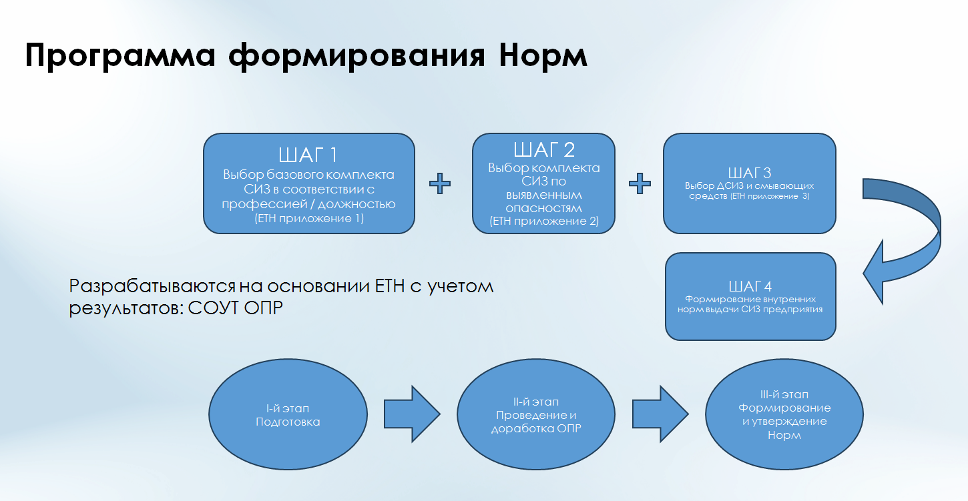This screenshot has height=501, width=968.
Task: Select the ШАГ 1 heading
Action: (308, 156)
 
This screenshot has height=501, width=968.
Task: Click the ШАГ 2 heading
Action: (544, 149)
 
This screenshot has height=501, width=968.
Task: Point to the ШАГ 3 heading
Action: (749, 172)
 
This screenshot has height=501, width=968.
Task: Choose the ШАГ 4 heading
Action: (750, 286)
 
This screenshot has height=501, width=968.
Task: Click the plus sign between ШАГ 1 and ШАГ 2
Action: (439, 183)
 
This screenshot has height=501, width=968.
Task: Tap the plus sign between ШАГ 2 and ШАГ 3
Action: (640, 183)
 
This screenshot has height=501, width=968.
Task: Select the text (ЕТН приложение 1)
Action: (308, 219)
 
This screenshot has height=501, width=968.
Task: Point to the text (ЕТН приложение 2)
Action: (544, 221)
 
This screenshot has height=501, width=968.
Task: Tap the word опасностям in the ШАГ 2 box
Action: (544, 208)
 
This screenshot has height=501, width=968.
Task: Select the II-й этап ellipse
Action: (536, 415)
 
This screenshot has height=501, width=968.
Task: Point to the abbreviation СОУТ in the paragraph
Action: (209, 310)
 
